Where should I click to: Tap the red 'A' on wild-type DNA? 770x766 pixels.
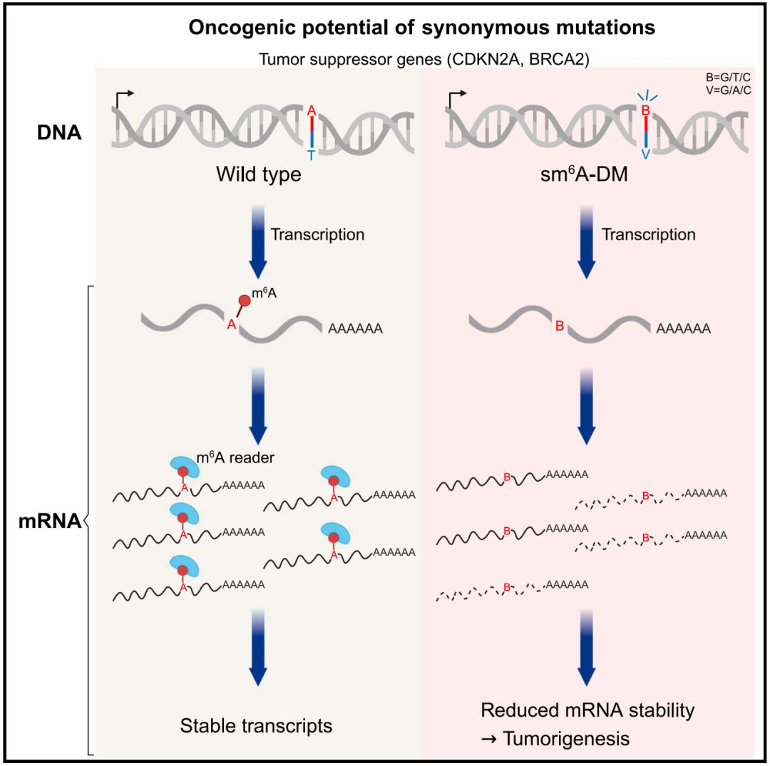(x=311, y=110)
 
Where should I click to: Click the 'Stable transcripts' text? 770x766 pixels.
(x=256, y=726)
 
